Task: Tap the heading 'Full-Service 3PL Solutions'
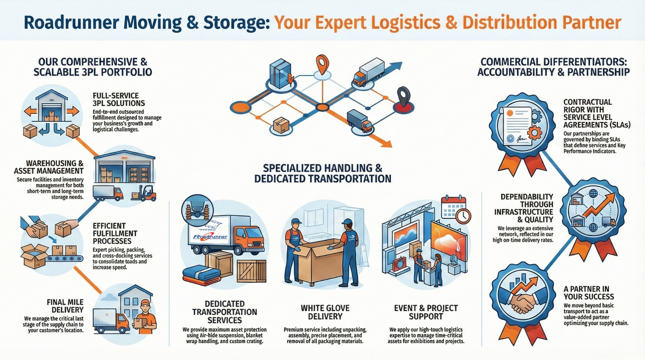119,99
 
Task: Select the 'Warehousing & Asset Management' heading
49,167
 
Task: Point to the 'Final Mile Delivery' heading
65,306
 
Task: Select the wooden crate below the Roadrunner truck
251,271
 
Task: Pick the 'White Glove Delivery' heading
325,312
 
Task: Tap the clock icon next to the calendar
463,216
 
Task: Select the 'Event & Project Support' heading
426,312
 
